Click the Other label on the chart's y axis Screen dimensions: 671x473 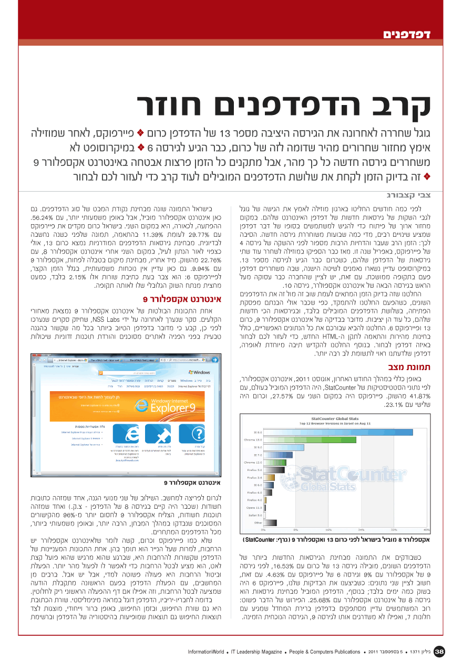[258, 522]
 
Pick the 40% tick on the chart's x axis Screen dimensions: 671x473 [426, 530]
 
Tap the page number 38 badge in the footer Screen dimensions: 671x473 [440, 652]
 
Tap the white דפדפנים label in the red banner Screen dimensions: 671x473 [406, 35]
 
